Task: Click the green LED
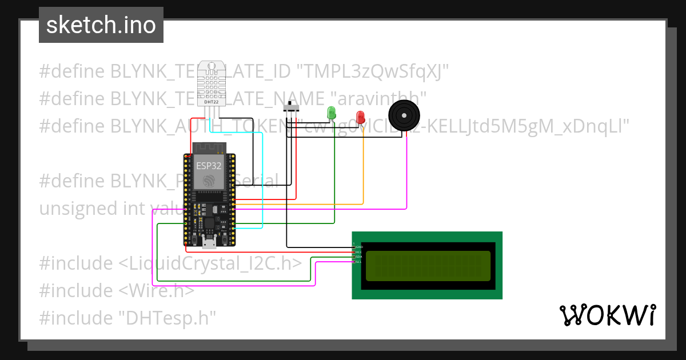[x=331, y=113]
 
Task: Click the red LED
[x=360, y=117]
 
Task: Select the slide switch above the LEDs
[x=292, y=107]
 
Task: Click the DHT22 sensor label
[x=211, y=102]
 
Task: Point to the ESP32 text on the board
[x=209, y=166]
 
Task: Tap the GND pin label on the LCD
[x=359, y=247]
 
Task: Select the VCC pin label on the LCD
[x=359, y=252]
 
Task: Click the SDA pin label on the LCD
[x=359, y=257]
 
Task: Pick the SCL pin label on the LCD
[x=359, y=262]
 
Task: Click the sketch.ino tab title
[x=101, y=25]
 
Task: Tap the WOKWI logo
[x=607, y=315]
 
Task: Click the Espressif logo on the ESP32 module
[x=209, y=181]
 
